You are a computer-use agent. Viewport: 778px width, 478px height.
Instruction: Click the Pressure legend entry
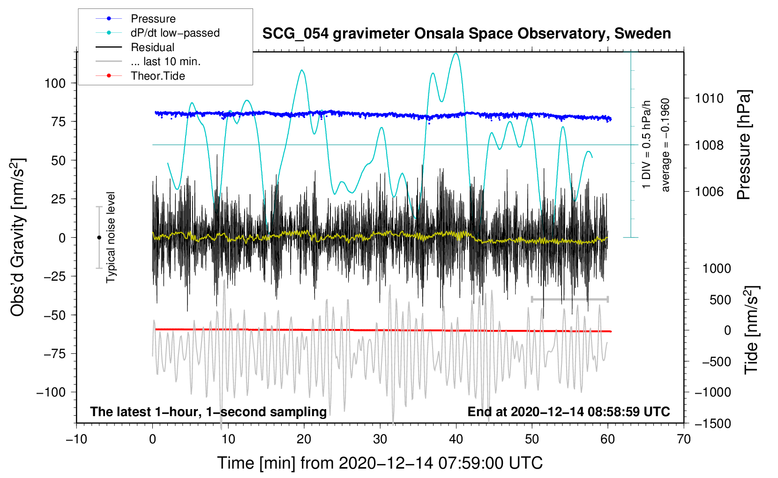153,19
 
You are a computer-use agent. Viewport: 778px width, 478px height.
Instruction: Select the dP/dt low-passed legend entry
175,33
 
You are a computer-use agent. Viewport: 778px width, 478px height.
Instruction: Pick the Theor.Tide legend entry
157,76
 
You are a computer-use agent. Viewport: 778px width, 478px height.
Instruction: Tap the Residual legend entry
152,47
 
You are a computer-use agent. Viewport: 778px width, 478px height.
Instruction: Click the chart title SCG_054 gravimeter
466,34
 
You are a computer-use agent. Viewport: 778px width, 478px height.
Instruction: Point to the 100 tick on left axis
55,83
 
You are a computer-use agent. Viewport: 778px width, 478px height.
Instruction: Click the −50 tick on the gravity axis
55,315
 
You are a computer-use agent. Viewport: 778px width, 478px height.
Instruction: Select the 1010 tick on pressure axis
709,98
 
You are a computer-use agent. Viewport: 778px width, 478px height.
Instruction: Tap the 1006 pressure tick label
709,191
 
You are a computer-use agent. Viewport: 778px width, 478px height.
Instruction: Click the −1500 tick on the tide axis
713,423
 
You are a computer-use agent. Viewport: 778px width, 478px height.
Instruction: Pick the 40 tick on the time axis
456,439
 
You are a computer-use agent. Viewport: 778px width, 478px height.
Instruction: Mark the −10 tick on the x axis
76,439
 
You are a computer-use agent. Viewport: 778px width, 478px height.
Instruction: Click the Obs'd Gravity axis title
18,237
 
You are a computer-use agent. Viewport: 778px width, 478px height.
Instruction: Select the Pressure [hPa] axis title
744,145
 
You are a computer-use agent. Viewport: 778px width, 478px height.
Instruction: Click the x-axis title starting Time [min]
380,463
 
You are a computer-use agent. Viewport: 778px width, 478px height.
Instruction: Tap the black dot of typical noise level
99,238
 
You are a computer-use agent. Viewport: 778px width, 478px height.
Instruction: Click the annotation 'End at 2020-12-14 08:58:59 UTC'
569,411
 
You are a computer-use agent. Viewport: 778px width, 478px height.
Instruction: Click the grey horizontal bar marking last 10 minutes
569,299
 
